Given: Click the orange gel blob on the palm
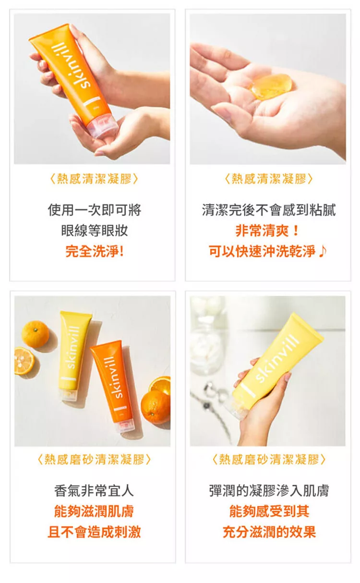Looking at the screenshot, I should pyautogui.click(x=272, y=86).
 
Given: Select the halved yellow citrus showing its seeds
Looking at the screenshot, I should pyautogui.click(x=24, y=361).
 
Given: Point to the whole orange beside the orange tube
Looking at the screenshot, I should pyautogui.click(x=156, y=406).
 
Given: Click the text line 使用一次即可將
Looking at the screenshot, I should pyautogui.click(x=95, y=210).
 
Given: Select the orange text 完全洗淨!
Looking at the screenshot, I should pyautogui.click(x=95, y=251).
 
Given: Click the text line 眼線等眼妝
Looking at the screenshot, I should pyautogui.click(x=95, y=231).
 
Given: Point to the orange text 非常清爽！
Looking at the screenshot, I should pyautogui.click(x=268, y=231).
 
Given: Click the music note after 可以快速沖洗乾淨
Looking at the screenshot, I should pyautogui.click(x=323, y=251).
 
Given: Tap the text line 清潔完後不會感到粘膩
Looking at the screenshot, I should pyautogui.click(x=268, y=210).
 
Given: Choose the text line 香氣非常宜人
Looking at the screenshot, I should pyautogui.click(x=94, y=490).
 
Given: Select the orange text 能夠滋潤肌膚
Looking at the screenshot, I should pyautogui.click(x=94, y=511).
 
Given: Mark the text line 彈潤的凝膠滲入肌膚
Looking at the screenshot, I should pyautogui.click(x=269, y=490).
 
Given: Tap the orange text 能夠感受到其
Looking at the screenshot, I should pyautogui.click(x=269, y=511).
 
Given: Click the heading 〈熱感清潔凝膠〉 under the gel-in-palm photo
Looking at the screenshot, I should pyautogui.click(x=269, y=179).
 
